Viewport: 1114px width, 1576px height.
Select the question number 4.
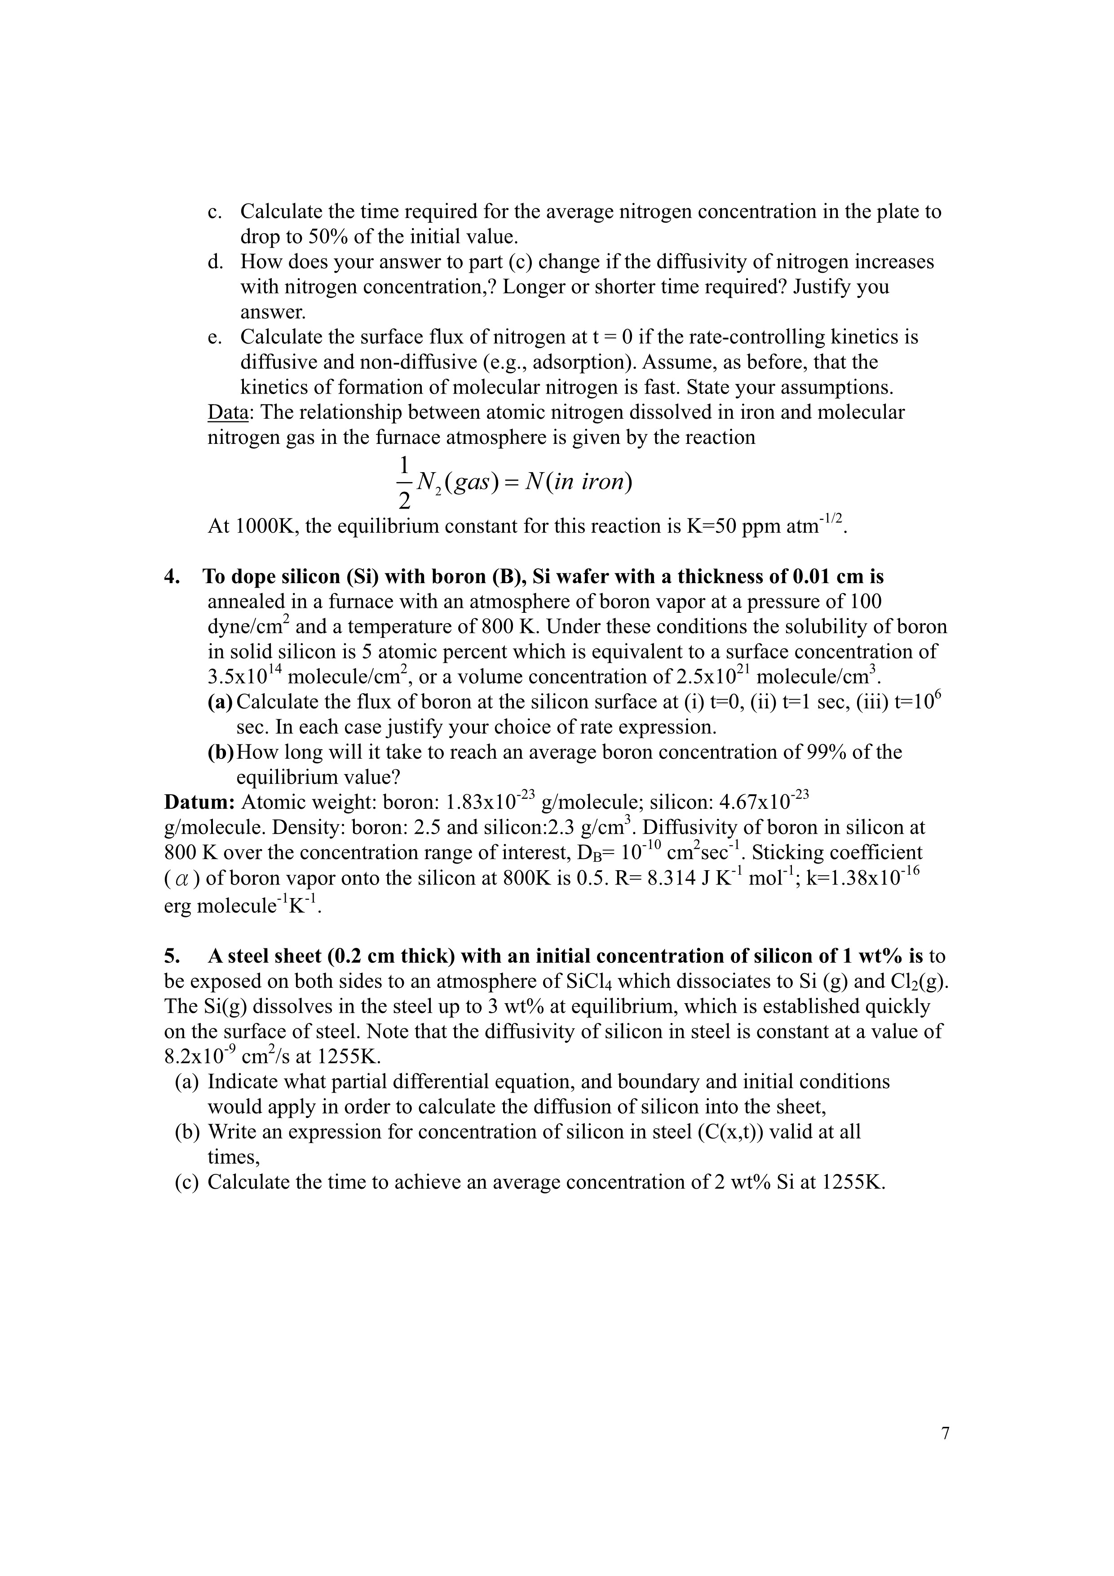[x=172, y=576]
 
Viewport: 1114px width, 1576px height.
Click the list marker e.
[x=214, y=337]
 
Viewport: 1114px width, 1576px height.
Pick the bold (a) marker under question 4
[x=220, y=702]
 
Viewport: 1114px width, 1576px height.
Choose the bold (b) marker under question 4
[x=220, y=753]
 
